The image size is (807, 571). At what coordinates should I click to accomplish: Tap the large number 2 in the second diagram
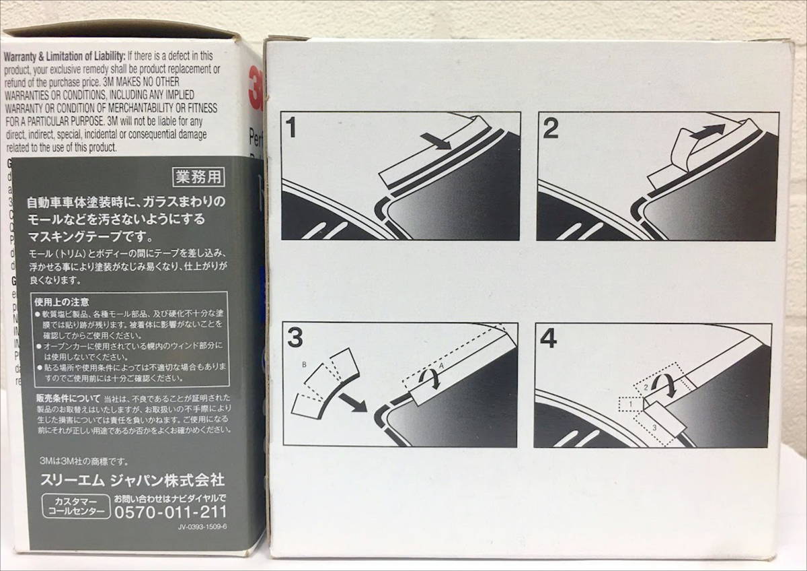coord(550,129)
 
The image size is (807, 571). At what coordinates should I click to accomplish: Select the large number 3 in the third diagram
coord(295,339)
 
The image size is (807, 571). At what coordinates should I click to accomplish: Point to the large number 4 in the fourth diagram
coord(549,339)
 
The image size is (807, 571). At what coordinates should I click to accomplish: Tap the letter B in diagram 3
coord(305,364)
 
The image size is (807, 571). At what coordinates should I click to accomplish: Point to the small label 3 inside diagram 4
coord(654,428)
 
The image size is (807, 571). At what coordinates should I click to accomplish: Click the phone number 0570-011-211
coord(171,512)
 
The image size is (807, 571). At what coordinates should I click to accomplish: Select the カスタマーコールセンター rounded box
coord(75,506)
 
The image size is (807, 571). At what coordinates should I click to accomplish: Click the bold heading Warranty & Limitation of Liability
coord(65,56)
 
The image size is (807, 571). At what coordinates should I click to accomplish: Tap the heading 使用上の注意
coord(63,302)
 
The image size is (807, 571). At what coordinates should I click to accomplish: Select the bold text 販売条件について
coord(68,398)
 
